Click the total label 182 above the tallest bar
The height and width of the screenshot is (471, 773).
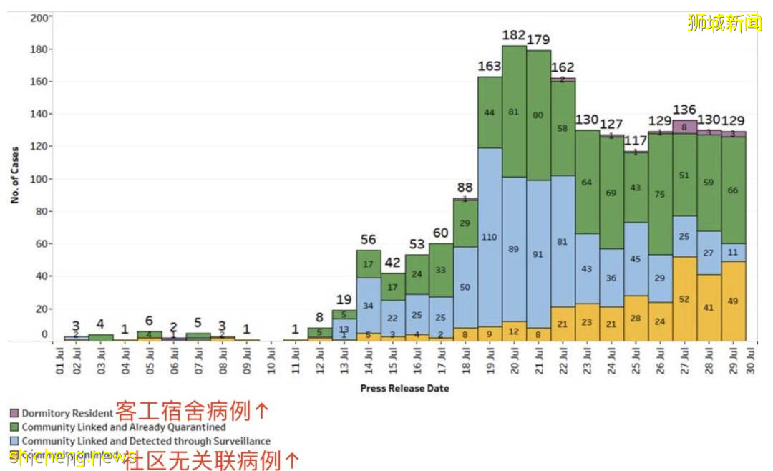pos(514,35)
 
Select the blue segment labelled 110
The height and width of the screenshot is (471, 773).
pos(490,237)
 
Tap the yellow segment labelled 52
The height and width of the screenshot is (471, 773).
pos(685,299)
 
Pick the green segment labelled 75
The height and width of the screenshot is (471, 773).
pos(661,193)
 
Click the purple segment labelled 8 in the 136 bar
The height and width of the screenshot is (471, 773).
pos(685,127)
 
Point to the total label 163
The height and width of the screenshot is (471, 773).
pos(490,67)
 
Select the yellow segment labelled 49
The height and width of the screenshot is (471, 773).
pos(734,301)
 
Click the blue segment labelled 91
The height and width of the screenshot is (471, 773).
pos(538,253)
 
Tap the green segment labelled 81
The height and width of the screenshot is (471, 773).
pos(514,112)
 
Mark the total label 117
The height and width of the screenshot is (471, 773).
pos(636,140)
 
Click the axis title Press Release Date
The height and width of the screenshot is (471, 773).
pos(404,388)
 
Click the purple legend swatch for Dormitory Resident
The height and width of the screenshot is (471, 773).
pos(14,413)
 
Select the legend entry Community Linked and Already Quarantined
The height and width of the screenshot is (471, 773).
pos(123,427)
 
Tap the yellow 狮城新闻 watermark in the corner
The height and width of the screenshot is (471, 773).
pos(724,23)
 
